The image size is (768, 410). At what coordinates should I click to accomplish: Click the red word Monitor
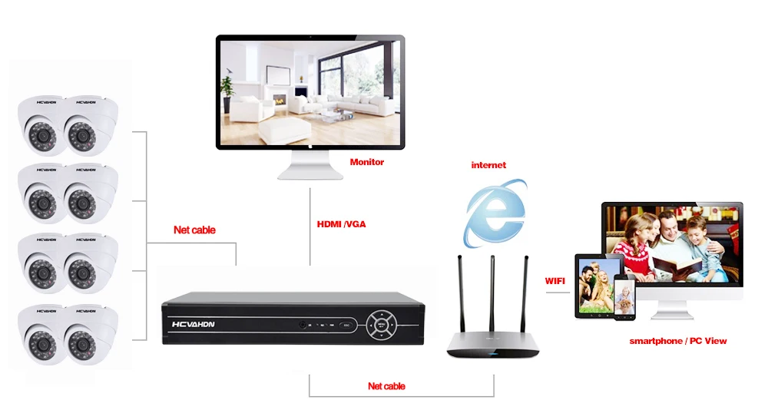coord(367,162)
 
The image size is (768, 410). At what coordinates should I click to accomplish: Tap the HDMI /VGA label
coord(342,224)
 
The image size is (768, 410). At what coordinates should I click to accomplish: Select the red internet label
coord(488,165)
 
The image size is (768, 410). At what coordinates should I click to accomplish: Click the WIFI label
coord(555,281)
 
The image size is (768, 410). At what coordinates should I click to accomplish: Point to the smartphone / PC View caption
coord(678,341)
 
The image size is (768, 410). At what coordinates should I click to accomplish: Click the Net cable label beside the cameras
coord(194,230)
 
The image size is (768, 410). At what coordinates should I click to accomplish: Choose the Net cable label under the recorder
coord(386,386)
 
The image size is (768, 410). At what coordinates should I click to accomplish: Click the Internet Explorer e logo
coord(495,213)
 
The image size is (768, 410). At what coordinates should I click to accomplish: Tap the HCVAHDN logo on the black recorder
coord(193,324)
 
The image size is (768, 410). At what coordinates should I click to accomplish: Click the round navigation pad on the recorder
coord(381,324)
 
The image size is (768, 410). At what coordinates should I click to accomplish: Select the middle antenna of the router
coord(492,293)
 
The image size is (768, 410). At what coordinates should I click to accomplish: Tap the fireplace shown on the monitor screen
coord(280,100)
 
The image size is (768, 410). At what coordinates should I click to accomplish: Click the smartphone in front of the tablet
coord(624,297)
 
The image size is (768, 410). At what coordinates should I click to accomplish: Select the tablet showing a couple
coord(594,286)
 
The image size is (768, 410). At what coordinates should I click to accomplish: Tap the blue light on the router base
coord(493,353)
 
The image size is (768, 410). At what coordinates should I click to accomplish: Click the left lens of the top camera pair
coord(42,134)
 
